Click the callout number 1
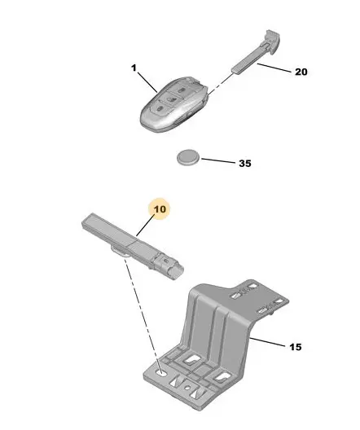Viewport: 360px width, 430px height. click(134, 68)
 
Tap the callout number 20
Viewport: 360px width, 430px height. click(301, 72)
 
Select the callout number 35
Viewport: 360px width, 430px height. click(245, 164)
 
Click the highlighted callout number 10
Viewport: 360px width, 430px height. click(160, 209)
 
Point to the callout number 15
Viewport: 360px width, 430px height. click(296, 347)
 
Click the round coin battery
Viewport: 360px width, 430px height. click(188, 158)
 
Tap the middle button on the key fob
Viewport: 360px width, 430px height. click(171, 99)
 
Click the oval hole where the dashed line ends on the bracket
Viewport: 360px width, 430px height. click(161, 373)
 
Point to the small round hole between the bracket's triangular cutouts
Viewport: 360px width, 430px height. click(187, 388)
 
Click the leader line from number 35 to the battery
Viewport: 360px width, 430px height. click(218, 160)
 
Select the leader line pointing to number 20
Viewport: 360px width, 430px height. click(274, 68)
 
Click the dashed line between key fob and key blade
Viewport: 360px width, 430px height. click(221, 84)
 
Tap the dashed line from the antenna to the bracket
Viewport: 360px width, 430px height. click(142, 313)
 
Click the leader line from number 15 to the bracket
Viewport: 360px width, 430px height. click(268, 342)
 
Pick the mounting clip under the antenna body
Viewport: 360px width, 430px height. click(119, 251)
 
